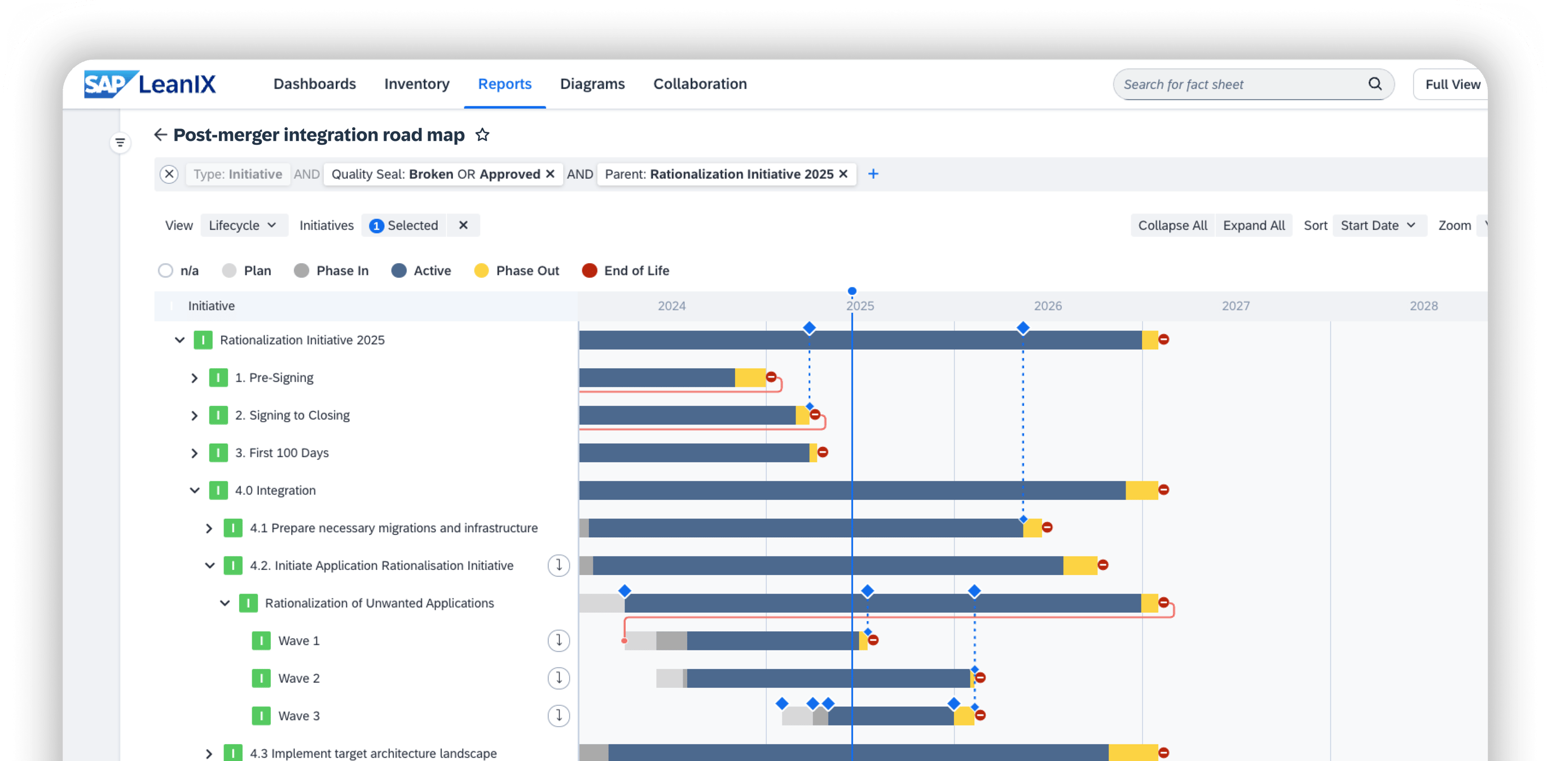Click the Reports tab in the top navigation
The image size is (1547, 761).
point(504,84)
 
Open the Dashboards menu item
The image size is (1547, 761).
point(315,84)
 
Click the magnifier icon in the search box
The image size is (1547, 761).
point(1375,84)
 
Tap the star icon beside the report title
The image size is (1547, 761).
point(482,135)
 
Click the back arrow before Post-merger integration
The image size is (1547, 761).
point(160,135)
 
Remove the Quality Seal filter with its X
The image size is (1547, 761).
point(550,174)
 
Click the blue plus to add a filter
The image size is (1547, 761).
point(873,174)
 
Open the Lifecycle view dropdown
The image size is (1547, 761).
point(243,225)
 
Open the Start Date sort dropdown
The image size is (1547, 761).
point(1378,225)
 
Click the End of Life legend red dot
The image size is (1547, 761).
point(589,271)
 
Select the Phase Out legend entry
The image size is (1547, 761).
point(516,271)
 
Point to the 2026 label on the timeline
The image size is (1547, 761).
point(1048,306)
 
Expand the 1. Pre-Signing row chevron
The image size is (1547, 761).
point(194,378)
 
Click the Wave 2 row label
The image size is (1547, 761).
point(298,679)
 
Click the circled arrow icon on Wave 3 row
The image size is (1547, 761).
point(559,715)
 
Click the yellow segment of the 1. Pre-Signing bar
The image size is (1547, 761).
point(750,378)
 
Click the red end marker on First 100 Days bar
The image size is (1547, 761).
point(823,453)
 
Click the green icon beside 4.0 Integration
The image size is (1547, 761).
point(218,490)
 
